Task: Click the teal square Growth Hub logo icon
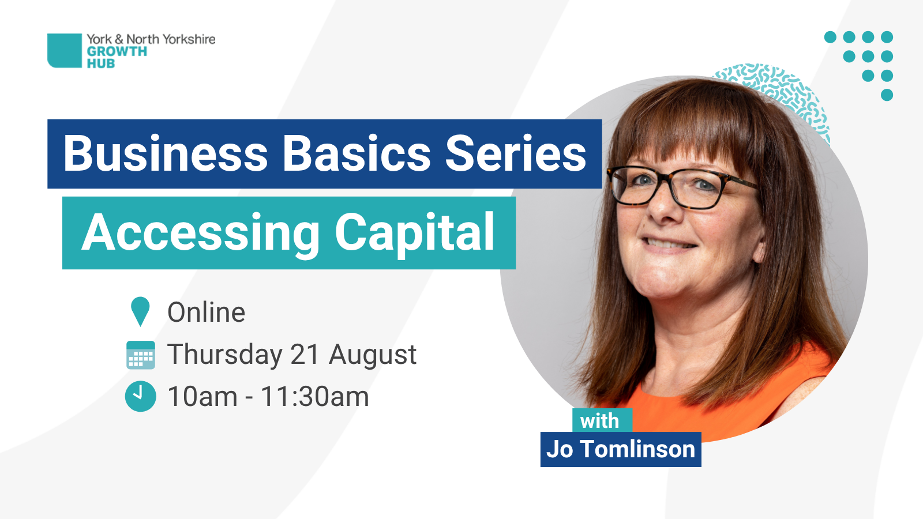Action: point(64,50)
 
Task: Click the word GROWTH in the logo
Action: point(117,51)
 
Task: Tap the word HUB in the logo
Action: point(100,63)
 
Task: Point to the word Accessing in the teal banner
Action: point(201,233)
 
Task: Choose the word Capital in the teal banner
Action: point(415,233)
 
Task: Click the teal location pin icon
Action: point(140,311)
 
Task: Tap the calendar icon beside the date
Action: point(141,355)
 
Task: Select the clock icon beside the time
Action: point(141,396)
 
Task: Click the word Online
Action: point(206,312)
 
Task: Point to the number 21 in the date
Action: point(305,354)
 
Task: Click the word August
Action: point(373,355)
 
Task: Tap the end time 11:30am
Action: point(315,397)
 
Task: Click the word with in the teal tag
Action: point(599,421)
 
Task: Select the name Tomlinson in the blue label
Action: point(638,449)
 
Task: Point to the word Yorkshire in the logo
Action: point(189,39)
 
